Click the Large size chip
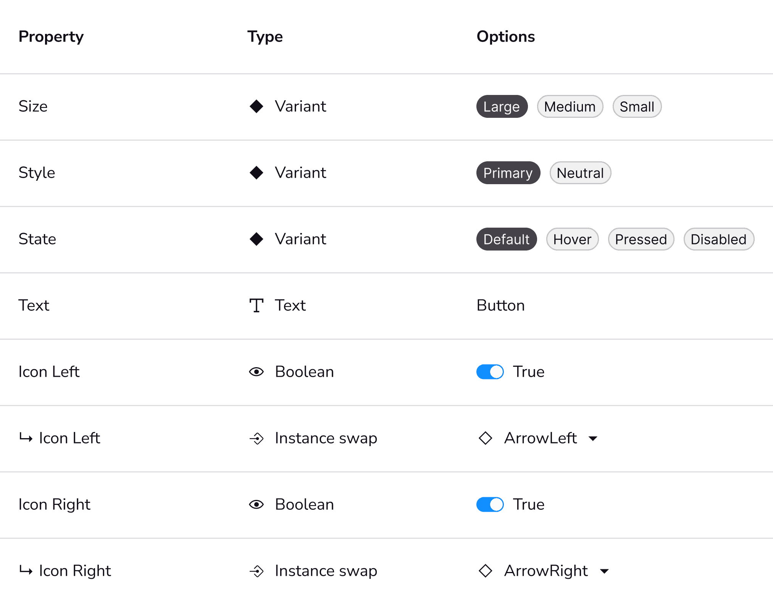click(502, 106)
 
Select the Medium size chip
click(570, 106)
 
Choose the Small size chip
click(637, 106)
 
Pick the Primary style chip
click(508, 173)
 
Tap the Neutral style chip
click(580, 173)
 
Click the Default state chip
click(507, 239)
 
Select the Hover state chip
click(572, 239)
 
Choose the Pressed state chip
click(641, 239)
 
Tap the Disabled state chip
click(719, 239)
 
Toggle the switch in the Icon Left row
click(490, 372)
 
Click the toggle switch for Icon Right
click(490, 504)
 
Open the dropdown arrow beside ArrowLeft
click(593, 439)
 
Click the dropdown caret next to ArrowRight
click(604, 571)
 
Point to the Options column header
click(506, 37)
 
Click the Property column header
click(51, 37)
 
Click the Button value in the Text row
click(501, 305)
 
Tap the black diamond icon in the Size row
click(257, 106)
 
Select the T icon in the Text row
click(257, 305)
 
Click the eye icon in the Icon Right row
click(257, 504)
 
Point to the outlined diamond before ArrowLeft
click(486, 438)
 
